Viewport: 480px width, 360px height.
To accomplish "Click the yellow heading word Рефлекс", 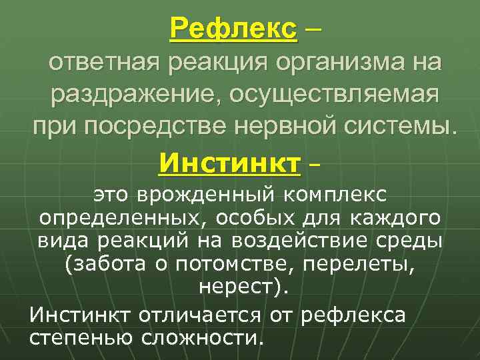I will pos(233,29).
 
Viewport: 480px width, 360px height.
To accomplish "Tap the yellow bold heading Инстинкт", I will pos(229,161).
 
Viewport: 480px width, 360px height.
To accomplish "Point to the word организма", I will pos(323,65).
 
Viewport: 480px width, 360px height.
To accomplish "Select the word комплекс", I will pos(338,195).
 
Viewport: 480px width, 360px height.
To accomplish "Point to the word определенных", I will pos(110,218).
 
